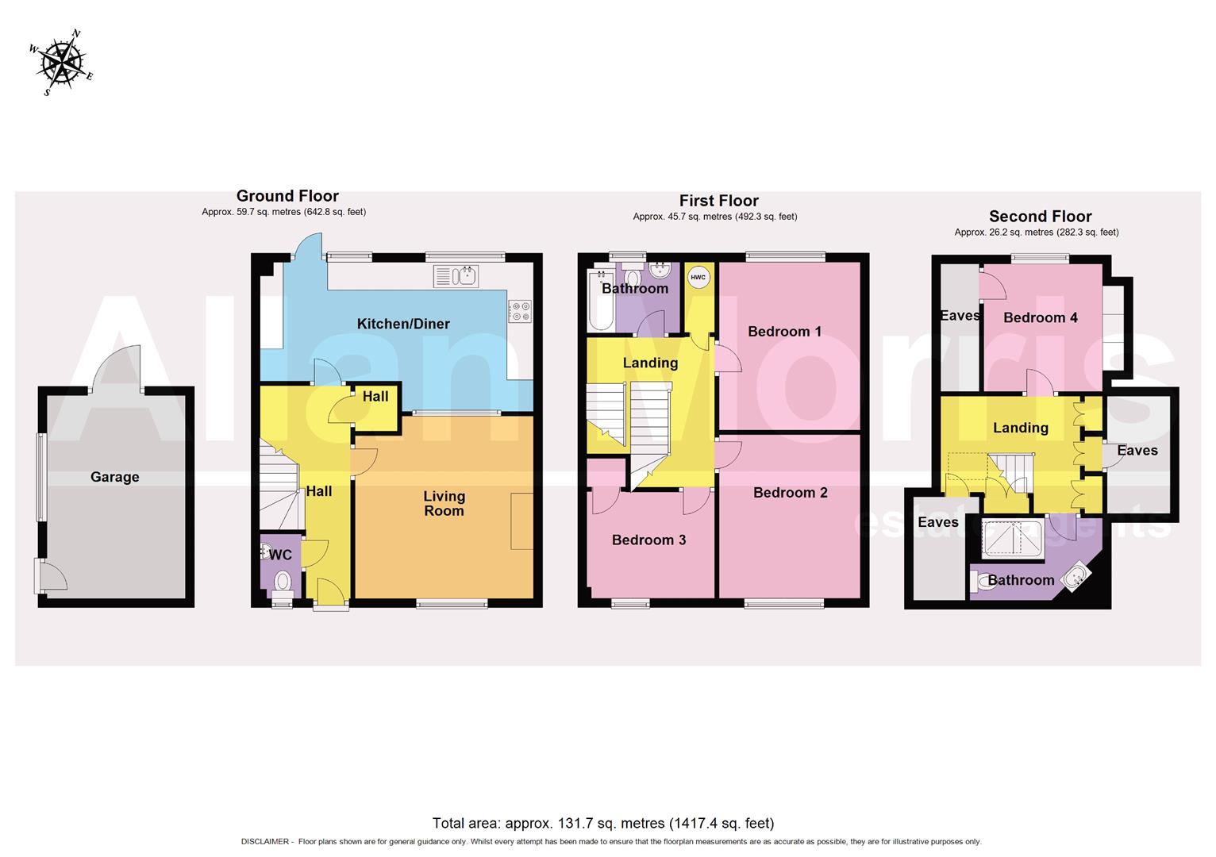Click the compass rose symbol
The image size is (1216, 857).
tap(62, 62)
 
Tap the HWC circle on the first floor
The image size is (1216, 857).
tap(698, 278)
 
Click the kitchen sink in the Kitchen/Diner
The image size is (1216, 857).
tap(455, 276)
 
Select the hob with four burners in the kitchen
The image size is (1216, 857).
tap(521, 311)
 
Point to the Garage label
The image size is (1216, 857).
tap(114, 477)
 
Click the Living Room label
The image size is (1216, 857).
tap(444, 503)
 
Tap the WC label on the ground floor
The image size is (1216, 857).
tap(281, 555)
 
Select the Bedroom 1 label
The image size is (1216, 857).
tap(784, 332)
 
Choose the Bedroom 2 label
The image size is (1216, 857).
tap(790, 493)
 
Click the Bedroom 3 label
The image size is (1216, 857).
tap(648, 540)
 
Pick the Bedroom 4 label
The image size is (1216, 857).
tap(1040, 318)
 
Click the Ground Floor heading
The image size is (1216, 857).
tap(287, 196)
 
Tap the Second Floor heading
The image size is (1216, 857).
tap(1040, 217)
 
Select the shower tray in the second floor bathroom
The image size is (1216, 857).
tap(1013, 537)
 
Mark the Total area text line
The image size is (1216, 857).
tap(602, 823)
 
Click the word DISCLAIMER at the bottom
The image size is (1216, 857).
tap(265, 842)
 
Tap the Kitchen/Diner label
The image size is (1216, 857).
tap(403, 324)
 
